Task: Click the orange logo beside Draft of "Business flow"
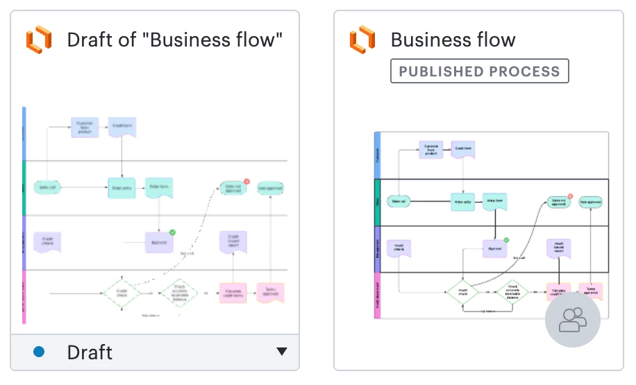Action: (39, 40)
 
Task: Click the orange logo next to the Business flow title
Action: (362, 40)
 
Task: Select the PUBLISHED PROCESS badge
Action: (479, 71)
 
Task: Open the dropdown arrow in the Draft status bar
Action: (281, 352)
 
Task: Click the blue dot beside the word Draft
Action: (39, 352)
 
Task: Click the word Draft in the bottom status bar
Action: (90, 352)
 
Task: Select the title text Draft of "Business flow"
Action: (174, 40)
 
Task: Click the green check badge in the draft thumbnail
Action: (172, 232)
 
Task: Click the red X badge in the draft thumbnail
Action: (246, 181)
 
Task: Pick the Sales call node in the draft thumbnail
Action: (48, 187)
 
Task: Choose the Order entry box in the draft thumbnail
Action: (122, 188)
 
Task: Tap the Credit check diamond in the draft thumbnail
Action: (122, 293)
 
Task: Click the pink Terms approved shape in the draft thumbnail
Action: (271, 292)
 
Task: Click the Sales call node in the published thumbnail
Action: (399, 202)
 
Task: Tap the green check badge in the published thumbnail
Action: (506, 240)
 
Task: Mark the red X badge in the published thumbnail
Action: (570, 197)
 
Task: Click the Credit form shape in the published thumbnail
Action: (463, 149)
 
